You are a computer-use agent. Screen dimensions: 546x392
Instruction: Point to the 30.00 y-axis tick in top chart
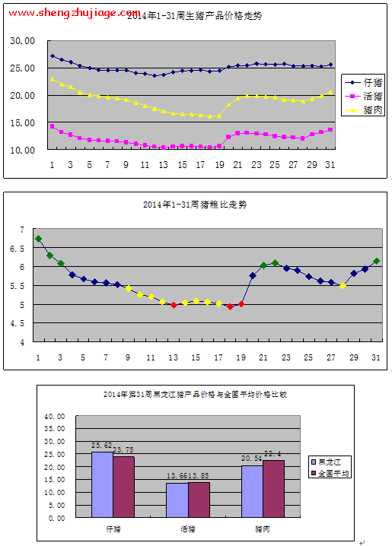click(x=22, y=40)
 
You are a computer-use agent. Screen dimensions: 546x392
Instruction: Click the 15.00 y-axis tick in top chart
click(x=22, y=122)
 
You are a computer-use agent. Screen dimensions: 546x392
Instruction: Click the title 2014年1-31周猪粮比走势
click(x=195, y=205)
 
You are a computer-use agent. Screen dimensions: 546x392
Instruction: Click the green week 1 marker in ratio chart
click(x=39, y=239)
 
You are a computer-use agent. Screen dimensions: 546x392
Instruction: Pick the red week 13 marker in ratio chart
click(x=174, y=305)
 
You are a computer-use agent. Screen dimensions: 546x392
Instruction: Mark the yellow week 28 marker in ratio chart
click(x=343, y=286)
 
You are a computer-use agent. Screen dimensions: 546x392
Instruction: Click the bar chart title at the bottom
click(x=195, y=395)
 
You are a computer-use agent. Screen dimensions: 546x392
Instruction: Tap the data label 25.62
click(x=102, y=446)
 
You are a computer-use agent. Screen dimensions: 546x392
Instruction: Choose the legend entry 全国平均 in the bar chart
click(x=333, y=473)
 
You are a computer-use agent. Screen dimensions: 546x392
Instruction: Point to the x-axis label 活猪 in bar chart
click(x=187, y=527)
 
